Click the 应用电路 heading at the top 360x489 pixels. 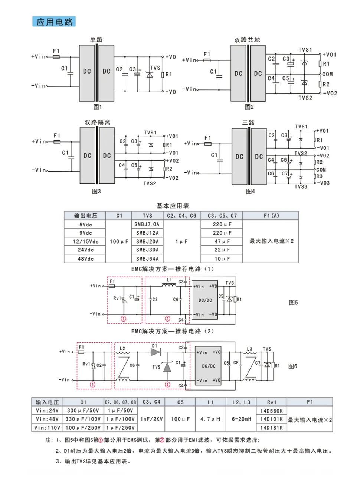pos(54,22)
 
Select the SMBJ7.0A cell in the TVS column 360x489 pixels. pos(147,224)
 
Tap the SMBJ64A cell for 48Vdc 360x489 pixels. pos(147,259)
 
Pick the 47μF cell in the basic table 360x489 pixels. pos(222,241)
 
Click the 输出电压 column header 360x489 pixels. pos(85,215)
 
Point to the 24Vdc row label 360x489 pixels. pos(85,250)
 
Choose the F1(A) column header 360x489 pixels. pos(271,215)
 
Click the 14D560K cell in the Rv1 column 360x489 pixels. pos(271,411)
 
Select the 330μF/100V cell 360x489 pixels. pos(83,419)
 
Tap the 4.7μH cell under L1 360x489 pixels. pos(210,419)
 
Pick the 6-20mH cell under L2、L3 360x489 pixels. pos(241,419)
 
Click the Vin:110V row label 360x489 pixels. pos(47,428)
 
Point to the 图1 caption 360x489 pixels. pos(98,107)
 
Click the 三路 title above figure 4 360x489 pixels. pos(248,123)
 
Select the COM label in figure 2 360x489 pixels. pos(327,74)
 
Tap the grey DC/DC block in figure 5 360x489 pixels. pos(205,300)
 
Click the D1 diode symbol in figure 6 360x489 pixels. pos(156,352)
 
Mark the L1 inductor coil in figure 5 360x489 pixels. pos(169,285)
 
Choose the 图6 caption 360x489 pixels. pos(293,366)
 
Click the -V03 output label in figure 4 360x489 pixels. pos(323,183)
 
